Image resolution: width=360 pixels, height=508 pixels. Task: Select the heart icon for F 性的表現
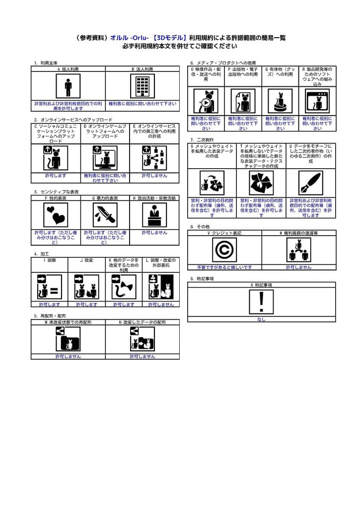point(56,215)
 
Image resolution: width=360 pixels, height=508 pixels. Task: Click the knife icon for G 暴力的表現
point(105,215)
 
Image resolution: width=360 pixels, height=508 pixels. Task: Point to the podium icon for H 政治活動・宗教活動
point(154,215)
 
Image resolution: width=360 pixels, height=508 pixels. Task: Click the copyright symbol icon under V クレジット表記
point(224,250)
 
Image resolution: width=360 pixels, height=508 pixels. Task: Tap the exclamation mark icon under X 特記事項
point(261,302)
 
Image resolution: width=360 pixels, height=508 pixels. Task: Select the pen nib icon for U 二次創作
point(311,183)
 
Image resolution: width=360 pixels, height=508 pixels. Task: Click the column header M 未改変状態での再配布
point(68,322)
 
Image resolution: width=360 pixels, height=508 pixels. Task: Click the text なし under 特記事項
point(261,319)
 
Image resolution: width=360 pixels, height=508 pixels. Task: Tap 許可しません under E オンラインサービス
point(154,176)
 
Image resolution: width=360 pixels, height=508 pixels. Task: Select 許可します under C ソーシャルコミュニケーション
point(56,176)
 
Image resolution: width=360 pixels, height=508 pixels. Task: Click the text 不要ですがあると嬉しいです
point(224,267)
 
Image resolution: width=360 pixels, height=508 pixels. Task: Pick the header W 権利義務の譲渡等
point(298,233)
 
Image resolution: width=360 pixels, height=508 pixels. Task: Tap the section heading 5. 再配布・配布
point(50,316)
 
